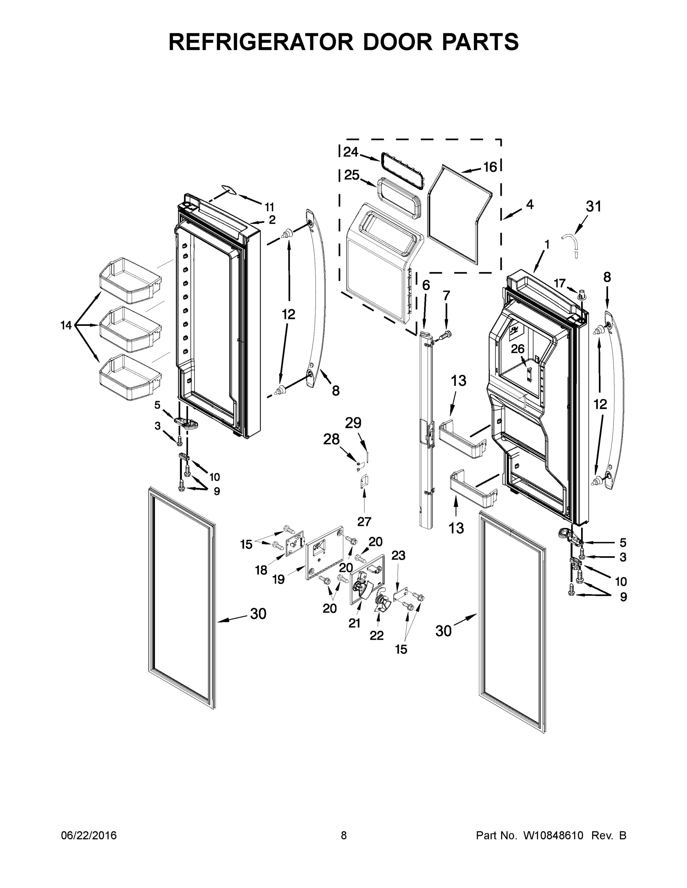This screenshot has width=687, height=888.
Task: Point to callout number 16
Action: tap(490, 167)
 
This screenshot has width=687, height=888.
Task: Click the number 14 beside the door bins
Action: tap(66, 325)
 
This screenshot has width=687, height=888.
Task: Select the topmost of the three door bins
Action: tap(131, 280)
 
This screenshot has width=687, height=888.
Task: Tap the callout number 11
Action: tap(269, 207)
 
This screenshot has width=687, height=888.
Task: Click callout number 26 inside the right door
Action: tap(518, 349)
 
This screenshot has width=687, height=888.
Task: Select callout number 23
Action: tap(398, 555)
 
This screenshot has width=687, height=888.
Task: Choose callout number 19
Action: tap(279, 579)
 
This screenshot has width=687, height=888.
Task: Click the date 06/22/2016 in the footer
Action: tap(89, 835)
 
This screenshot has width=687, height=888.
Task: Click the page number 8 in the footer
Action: tap(344, 835)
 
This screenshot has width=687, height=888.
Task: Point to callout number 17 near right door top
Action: tap(560, 283)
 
